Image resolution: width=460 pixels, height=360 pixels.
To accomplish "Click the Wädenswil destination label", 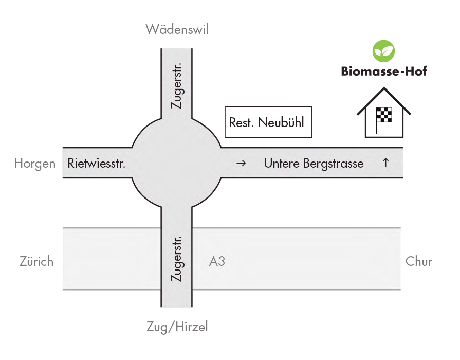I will point(177,29).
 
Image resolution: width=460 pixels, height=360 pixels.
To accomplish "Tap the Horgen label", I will point(34,164).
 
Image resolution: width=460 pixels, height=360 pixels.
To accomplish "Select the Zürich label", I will point(36,261).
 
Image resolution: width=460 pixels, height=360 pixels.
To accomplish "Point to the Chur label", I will point(419,261).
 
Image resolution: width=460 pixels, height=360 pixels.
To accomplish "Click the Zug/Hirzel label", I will point(177,327).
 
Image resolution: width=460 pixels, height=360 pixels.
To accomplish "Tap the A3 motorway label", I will point(217,261).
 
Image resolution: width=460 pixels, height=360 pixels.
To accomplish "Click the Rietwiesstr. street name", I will point(97,164).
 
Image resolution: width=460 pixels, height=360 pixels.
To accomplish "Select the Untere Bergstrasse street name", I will point(314,164).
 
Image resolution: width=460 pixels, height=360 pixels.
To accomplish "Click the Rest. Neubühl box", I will point(268,122).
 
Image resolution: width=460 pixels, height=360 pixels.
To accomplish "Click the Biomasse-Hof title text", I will point(384,71).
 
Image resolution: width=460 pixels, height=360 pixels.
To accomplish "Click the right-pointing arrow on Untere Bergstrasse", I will point(241,164).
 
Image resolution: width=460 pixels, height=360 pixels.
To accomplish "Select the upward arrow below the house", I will point(385,163).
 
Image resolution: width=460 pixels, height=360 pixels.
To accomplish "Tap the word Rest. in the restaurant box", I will point(242,123).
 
